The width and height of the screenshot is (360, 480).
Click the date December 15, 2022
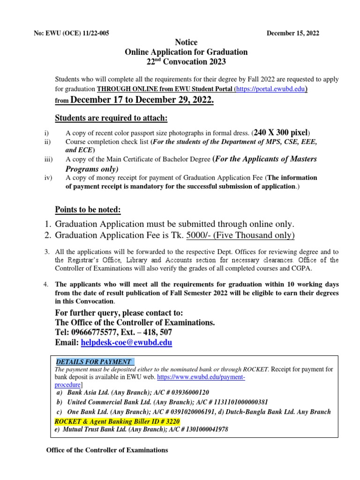point(293,33)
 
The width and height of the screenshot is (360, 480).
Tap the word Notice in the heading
point(186,43)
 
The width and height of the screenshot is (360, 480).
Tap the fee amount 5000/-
point(199,235)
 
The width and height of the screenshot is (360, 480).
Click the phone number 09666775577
point(95,332)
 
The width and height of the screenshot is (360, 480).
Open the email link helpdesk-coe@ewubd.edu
point(127,343)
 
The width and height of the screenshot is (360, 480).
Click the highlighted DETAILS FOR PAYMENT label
point(94,362)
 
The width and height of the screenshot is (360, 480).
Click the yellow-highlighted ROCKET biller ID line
point(117,421)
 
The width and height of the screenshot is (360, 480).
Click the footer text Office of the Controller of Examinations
point(106,450)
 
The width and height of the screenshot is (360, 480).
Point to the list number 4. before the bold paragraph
point(46,285)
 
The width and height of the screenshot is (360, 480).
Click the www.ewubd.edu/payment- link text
point(202,377)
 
